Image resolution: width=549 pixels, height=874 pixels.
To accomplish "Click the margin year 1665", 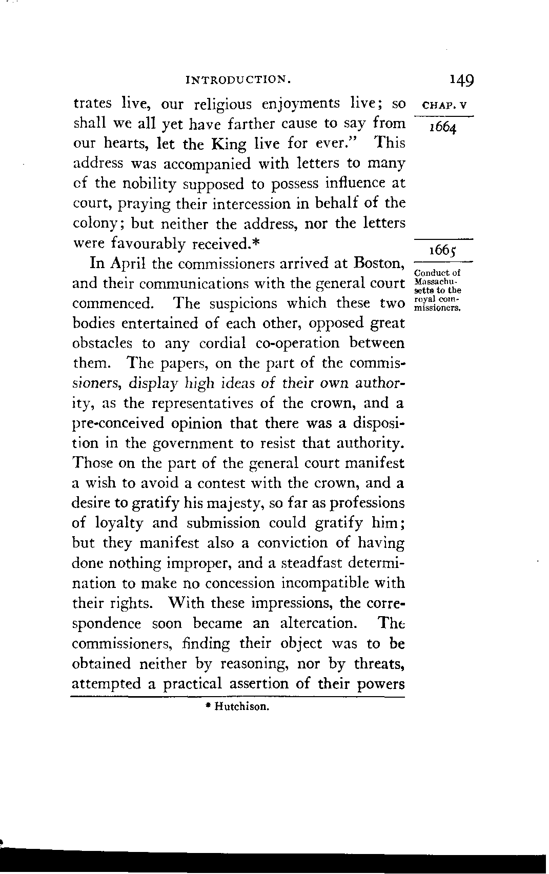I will click(x=442, y=251).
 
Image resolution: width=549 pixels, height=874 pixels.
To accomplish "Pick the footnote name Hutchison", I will click(x=241, y=707).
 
